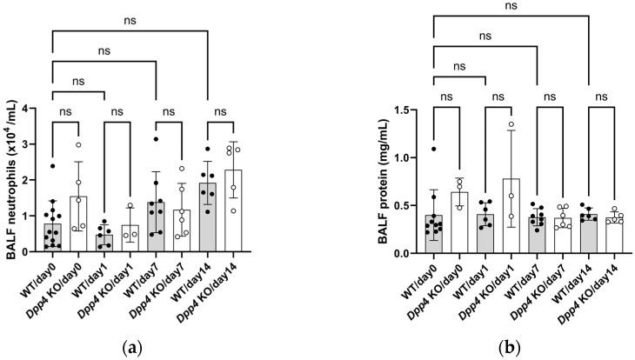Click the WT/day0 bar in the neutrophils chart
pyautogui.click(x=52, y=237)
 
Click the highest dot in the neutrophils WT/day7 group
pyautogui.click(x=155, y=139)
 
